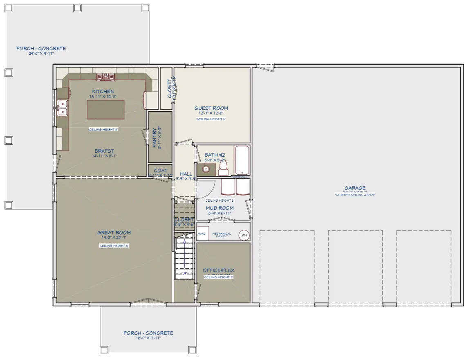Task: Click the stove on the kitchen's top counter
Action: [x=106, y=76]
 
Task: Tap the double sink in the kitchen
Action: [x=63, y=107]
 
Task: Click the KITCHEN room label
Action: [x=103, y=91]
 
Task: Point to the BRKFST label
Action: [x=104, y=151]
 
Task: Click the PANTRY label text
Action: [x=154, y=138]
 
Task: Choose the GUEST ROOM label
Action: [x=211, y=108]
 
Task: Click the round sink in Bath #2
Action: [x=206, y=169]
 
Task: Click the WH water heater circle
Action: [x=244, y=235]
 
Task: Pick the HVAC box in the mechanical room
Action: [x=202, y=234]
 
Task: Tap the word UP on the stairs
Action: [x=184, y=273]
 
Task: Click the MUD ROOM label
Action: [x=220, y=208]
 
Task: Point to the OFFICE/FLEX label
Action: [x=219, y=270]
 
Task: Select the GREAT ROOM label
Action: [x=114, y=233]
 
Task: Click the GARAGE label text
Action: [x=354, y=188]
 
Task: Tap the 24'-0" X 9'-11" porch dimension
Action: [x=41, y=54]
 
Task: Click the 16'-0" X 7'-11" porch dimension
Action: [x=148, y=338]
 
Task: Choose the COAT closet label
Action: [x=160, y=171]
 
